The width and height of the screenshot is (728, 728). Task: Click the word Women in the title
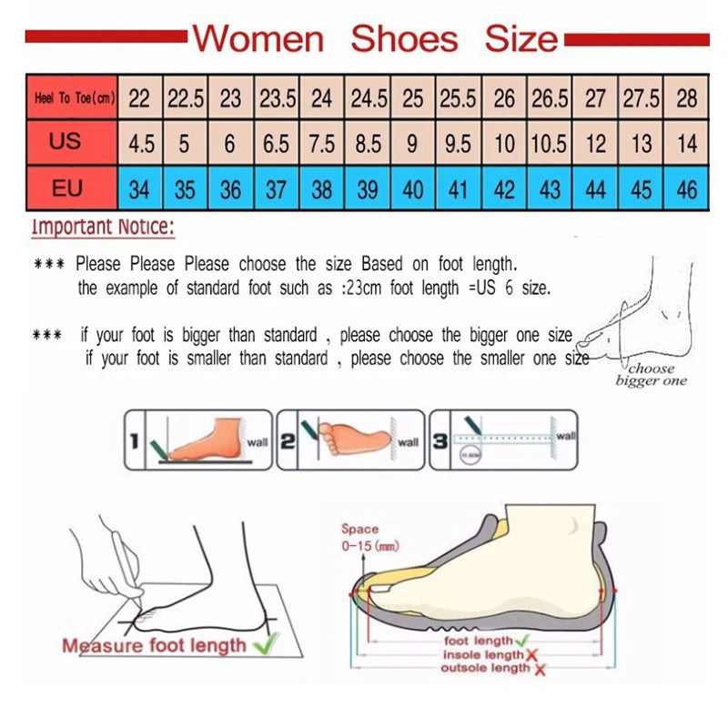pyautogui.click(x=258, y=38)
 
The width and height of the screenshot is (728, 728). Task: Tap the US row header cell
pyautogui.click(x=66, y=142)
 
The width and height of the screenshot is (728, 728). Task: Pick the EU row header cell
pyautogui.click(x=66, y=188)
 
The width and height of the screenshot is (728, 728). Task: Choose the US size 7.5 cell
pyautogui.click(x=322, y=144)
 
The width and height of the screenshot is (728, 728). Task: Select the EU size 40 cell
pyautogui.click(x=413, y=189)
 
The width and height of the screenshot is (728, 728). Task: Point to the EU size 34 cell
pyautogui.click(x=139, y=189)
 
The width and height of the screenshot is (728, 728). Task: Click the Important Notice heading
pyautogui.click(x=103, y=227)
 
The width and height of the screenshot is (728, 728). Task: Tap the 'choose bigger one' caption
pyautogui.click(x=652, y=375)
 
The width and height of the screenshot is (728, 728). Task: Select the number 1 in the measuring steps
pyautogui.click(x=133, y=442)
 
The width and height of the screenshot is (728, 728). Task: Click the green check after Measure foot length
pyautogui.click(x=265, y=644)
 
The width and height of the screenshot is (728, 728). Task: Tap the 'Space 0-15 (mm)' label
pyautogui.click(x=361, y=537)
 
